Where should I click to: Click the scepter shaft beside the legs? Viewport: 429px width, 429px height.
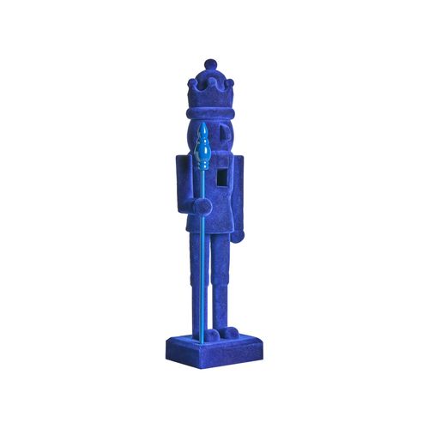coord(202,275)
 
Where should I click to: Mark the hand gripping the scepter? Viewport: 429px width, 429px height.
coord(198,207)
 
